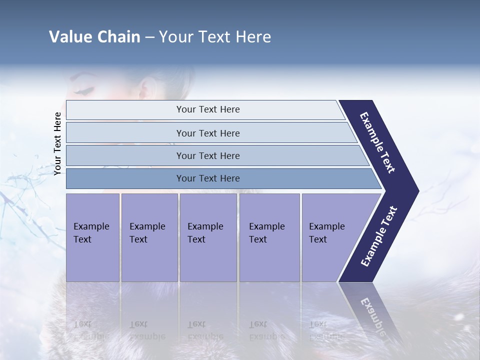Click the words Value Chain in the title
(94, 37)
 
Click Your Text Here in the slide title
(215, 37)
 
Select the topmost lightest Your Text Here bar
(208, 109)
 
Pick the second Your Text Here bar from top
(208, 133)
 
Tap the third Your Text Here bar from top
(208, 155)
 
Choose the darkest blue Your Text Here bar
(208, 178)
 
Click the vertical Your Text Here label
(57, 143)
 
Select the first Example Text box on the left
(92, 237)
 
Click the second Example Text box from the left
(149, 237)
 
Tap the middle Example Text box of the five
(207, 237)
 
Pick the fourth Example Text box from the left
(269, 237)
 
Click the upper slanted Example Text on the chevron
(378, 142)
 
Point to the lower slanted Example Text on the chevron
(379, 236)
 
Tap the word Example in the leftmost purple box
(91, 226)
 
